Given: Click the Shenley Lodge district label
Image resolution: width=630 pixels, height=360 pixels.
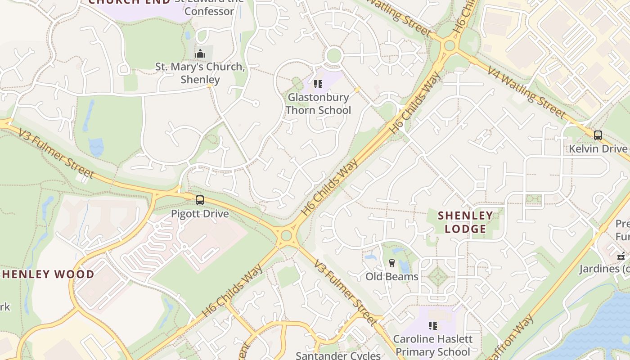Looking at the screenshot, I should (x=465, y=222).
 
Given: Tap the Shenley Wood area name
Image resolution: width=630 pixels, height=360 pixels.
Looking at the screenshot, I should (x=47, y=274).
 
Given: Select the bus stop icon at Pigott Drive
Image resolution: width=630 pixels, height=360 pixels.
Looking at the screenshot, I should (x=200, y=200).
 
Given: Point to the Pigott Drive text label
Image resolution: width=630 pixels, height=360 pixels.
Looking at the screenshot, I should (x=200, y=214).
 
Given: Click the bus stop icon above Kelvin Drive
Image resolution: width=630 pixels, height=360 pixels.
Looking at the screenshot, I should (x=598, y=135).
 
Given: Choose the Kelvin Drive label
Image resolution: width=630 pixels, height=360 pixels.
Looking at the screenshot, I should (x=598, y=148).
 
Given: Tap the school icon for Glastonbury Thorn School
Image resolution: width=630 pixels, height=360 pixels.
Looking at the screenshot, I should (x=318, y=84).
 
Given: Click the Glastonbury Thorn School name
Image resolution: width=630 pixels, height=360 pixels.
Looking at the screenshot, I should (x=318, y=103).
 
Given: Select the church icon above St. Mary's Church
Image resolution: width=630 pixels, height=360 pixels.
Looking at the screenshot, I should (x=200, y=54).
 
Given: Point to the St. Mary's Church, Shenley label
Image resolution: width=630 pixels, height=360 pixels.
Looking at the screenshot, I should (x=200, y=73).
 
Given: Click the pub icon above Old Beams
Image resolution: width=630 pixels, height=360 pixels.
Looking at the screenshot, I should (x=392, y=263).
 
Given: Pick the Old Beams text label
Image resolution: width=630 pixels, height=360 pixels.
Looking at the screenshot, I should (x=392, y=276).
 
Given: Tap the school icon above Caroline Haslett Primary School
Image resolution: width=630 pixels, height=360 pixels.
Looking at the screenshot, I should (x=433, y=325).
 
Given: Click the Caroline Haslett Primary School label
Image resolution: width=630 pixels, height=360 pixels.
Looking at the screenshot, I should (x=433, y=345).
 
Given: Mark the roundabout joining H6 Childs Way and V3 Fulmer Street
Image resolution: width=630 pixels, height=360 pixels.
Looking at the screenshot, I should (x=286, y=236).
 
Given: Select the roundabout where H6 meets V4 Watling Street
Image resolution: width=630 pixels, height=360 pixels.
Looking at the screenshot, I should (x=449, y=45).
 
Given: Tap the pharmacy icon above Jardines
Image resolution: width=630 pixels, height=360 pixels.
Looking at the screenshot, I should (x=621, y=256).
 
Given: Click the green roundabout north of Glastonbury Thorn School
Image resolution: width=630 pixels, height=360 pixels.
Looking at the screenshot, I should (x=333, y=55).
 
